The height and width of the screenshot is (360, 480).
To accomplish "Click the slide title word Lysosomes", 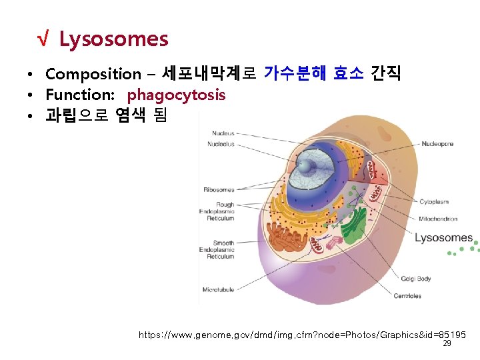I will [x=113, y=40].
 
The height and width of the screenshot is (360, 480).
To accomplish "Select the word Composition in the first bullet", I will [x=93, y=74].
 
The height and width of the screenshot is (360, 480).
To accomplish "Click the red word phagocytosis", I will [x=176, y=95].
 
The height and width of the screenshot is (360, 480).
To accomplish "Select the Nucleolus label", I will [x=221, y=143].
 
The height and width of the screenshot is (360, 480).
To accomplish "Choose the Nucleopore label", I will [x=437, y=143].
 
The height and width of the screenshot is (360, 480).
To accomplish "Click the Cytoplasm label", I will [x=434, y=201].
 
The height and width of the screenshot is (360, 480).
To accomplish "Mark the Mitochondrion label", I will [x=438, y=219].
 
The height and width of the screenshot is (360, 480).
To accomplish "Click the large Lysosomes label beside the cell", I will [x=443, y=238].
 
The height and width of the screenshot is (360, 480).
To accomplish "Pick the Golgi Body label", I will [x=415, y=279].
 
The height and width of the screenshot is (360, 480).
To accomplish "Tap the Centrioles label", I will [x=407, y=296].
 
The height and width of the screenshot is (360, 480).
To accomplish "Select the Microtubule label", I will [x=219, y=289].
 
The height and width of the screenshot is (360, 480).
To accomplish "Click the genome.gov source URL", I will [x=302, y=334].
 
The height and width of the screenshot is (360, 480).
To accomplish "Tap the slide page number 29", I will [x=447, y=344].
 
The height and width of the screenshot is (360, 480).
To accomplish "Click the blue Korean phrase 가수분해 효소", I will [x=314, y=73].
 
